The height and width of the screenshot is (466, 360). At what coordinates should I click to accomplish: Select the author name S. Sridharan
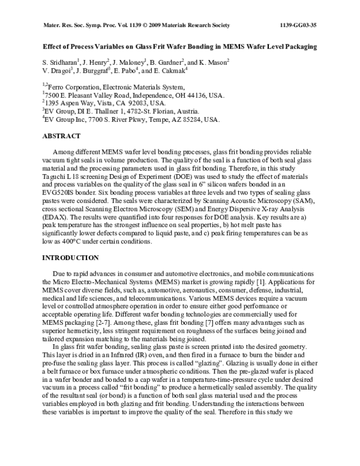59,61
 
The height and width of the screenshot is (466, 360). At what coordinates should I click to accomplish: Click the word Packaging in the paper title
296,46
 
